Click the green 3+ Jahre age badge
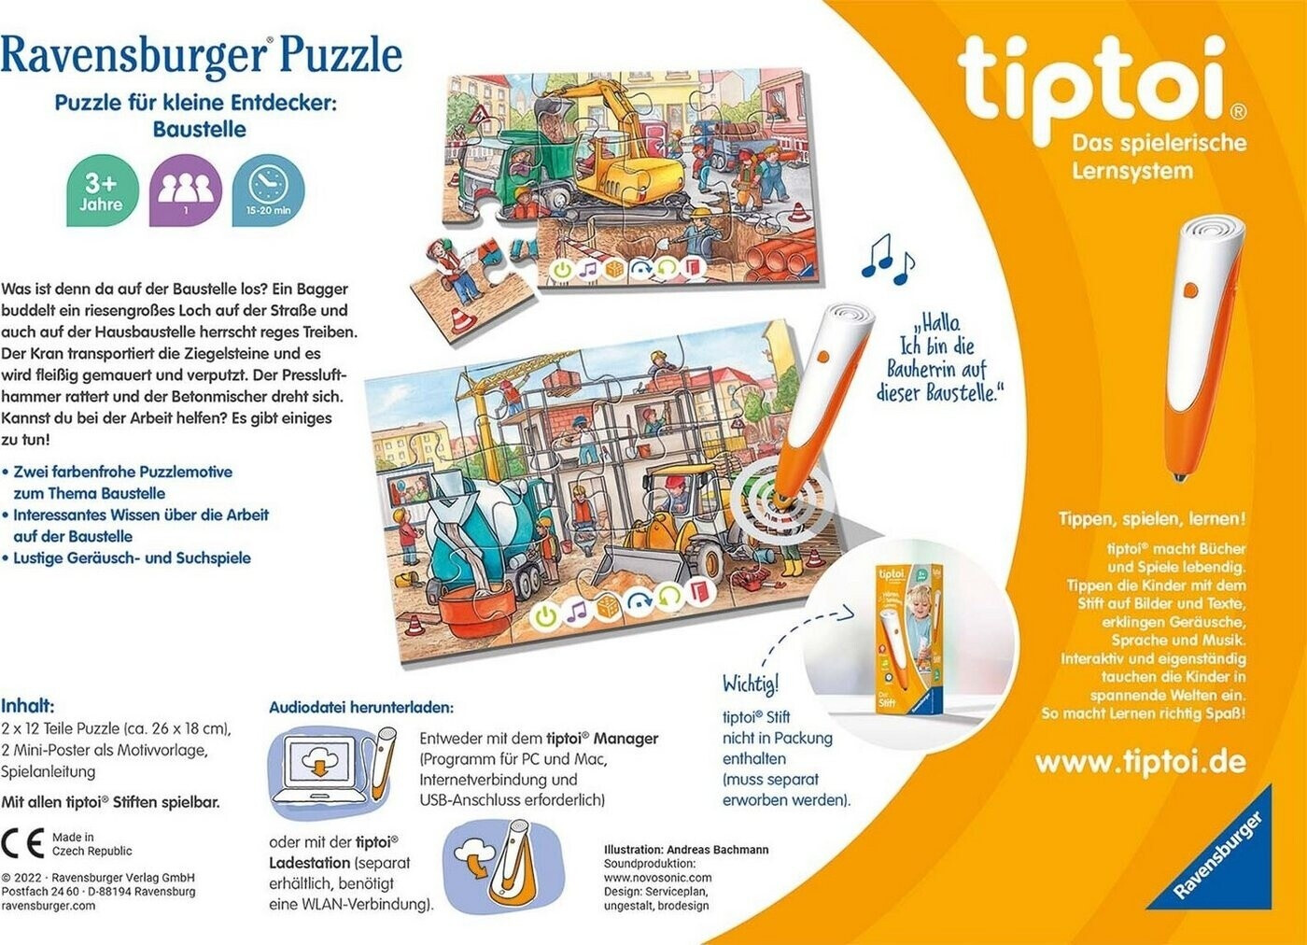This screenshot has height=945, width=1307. (103, 190)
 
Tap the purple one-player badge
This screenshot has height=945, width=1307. (186, 190)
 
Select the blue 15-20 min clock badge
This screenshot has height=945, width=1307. (269, 190)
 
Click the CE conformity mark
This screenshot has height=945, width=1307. (22, 843)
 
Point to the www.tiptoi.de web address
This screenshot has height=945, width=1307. (1141, 762)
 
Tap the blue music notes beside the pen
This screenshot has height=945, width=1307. (888, 264)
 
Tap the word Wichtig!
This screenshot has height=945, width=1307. (751, 684)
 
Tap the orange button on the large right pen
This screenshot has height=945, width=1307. (1190, 289)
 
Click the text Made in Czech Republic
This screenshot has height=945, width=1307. (92, 844)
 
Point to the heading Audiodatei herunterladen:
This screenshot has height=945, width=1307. (361, 708)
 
